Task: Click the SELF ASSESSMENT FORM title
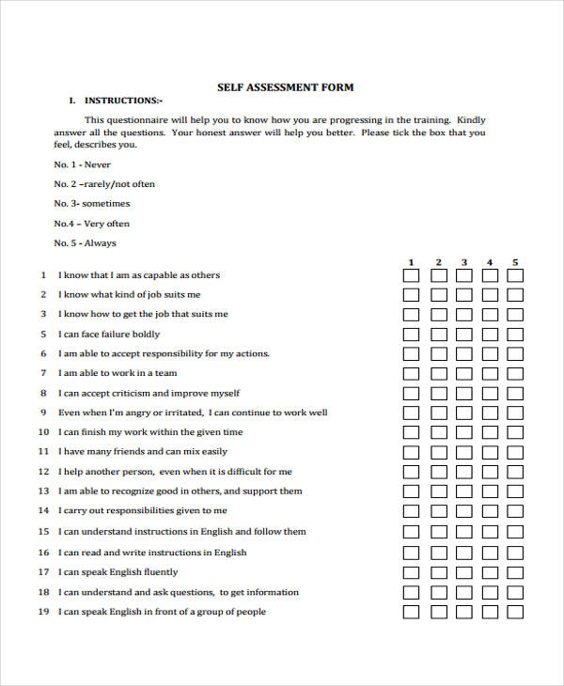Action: [285, 87]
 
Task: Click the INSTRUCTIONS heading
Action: [123, 101]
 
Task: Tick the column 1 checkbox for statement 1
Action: [412, 276]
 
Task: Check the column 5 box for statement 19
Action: [515, 612]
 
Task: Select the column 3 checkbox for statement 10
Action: [464, 433]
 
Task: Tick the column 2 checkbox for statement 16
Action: [439, 553]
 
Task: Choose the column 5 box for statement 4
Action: [515, 335]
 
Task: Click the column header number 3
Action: [464, 262]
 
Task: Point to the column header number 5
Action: [515, 262]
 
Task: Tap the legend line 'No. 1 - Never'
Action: [83, 164]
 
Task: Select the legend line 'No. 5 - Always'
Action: [86, 243]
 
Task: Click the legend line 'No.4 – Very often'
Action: [92, 224]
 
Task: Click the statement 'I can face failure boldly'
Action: [109, 335]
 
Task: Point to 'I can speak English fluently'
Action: [117, 572]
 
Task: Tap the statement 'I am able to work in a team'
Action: [117, 374]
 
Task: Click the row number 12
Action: [43, 491]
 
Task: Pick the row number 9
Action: [43, 413]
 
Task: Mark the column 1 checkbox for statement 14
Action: [412, 512]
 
